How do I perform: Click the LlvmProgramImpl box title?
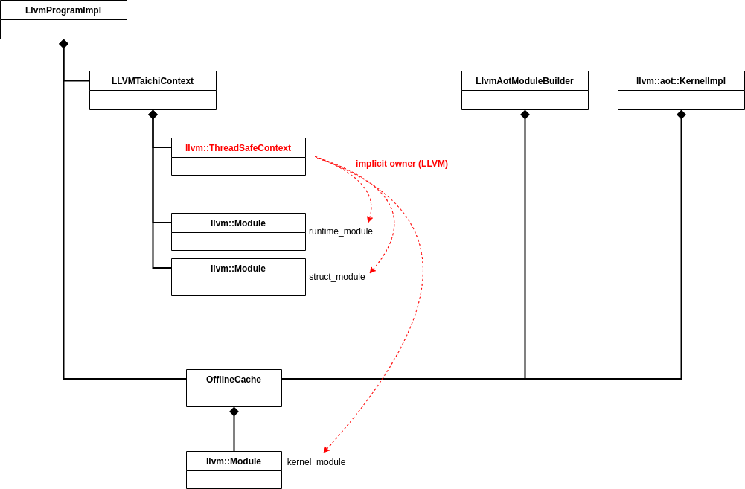tap(63, 10)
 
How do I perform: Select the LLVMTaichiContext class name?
tap(153, 81)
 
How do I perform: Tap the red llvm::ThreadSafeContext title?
tap(238, 148)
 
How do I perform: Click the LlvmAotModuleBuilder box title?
tap(525, 81)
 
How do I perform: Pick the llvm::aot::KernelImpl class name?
tap(681, 81)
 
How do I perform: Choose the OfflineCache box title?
tap(234, 380)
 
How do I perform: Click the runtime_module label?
tap(341, 231)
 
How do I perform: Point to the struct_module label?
tap(337, 277)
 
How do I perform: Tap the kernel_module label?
tap(316, 462)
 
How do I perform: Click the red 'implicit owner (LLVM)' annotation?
tap(402, 164)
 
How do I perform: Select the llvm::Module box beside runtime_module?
tap(238, 223)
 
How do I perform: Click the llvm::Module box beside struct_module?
tap(238, 269)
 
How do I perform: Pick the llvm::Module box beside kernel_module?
tap(234, 461)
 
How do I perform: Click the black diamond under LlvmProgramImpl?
tap(63, 44)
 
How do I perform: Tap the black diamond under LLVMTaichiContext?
tap(153, 115)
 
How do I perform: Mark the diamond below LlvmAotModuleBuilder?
tap(525, 115)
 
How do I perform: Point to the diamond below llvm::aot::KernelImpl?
tap(681, 115)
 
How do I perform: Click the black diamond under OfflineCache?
tap(234, 412)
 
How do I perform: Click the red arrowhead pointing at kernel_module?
tap(326, 450)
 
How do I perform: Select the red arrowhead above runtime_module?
tap(369, 220)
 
